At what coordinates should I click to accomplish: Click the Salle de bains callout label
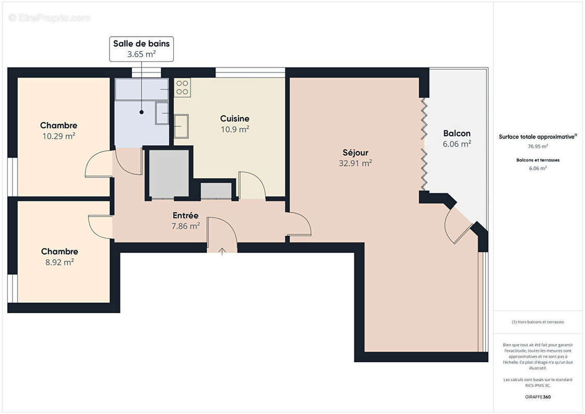pyautogui.click(x=141, y=44)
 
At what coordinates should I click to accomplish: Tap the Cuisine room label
pyautogui.click(x=234, y=119)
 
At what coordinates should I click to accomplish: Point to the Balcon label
pyautogui.click(x=457, y=134)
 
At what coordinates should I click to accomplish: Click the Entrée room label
pyautogui.click(x=185, y=215)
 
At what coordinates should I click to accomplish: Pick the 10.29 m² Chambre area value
pyautogui.click(x=58, y=136)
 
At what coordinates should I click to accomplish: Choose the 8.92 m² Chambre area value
pyautogui.click(x=59, y=262)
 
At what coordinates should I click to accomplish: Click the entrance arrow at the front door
pyautogui.click(x=222, y=252)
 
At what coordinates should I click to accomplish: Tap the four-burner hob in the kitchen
pyautogui.click(x=182, y=87)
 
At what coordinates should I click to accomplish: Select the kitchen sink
pyautogui.click(x=182, y=126)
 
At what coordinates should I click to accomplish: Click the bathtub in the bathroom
pyautogui.click(x=142, y=89)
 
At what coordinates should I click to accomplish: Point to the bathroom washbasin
pyautogui.click(x=162, y=113)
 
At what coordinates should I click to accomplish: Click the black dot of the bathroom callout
pyautogui.click(x=141, y=111)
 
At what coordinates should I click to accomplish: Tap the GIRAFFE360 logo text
pyautogui.click(x=537, y=397)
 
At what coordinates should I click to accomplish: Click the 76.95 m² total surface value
pyautogui.click(x=537, y=146)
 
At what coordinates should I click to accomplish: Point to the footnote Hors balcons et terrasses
pyautogui.click(x=537, y=322)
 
